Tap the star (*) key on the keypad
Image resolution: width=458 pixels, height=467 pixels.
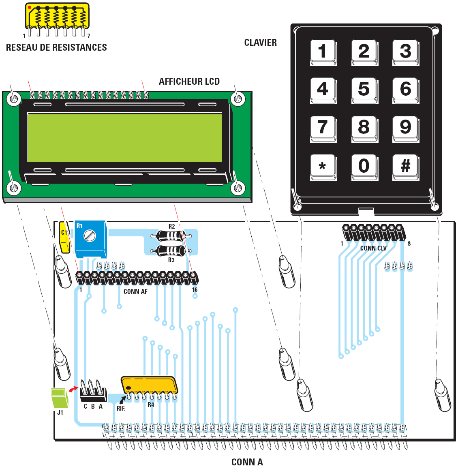323,166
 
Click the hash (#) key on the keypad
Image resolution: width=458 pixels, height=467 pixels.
405,166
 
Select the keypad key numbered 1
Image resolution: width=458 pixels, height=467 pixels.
323,51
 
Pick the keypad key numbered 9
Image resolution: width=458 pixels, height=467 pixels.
405,128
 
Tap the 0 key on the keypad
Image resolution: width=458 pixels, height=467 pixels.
364,166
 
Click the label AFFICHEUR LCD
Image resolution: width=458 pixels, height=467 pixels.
189,81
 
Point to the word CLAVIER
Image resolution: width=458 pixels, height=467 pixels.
260,43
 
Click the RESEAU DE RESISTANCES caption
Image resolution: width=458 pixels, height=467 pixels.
56,47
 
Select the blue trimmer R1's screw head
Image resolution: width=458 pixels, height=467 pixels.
90,235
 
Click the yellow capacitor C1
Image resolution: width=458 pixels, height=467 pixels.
64,237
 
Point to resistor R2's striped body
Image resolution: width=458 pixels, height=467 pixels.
171,236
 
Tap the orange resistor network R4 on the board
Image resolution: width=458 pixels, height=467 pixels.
149,385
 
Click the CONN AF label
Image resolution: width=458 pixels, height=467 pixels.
135,291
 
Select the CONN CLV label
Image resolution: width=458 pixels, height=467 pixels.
373,248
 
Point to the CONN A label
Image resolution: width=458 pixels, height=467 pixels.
247,462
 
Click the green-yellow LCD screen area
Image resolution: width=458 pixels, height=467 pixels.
124,138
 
